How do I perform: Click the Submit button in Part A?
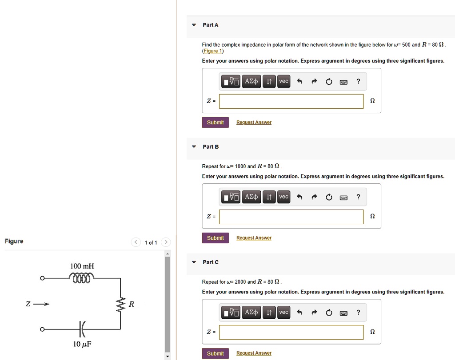click(x=215, y=123)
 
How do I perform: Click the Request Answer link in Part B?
click(x=254, y=238)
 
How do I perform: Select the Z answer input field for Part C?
click(x=291, y=332)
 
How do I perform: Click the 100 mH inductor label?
click(x=82, y=266)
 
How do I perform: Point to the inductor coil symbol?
click(x=82, y=278)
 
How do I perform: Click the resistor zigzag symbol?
click(x=120, y=305)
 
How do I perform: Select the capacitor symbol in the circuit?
click(x=82, y=329)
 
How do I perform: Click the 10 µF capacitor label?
click(x=82, y=344)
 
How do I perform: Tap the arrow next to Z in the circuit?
click(x=41, y=304)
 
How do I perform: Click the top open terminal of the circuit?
click(x=42, y=278)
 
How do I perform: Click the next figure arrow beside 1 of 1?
click(x=165, y=242)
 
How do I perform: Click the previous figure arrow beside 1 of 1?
click(x=136, y=242)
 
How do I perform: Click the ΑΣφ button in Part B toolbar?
click(x=251, y=197)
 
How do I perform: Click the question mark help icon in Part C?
click(x=358, y=313)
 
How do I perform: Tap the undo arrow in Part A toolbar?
click(x=299, y=81)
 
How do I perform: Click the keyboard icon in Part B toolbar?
click(x=343, y=197)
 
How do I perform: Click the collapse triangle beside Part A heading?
click(x=194, y=25)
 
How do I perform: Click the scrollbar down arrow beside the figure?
click(x=168, y=356)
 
